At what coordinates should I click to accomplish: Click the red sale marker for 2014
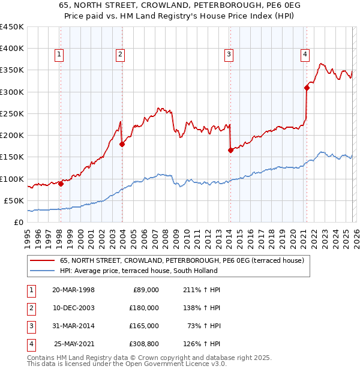(230, 151)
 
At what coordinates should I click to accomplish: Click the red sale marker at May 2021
(307, 88)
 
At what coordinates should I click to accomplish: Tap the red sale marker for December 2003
(122, 144)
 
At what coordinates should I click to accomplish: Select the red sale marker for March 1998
(61, 184)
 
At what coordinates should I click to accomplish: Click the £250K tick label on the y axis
(12, 113)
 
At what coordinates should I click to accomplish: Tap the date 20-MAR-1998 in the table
(73, 290)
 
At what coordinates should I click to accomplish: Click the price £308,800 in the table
(144, 344)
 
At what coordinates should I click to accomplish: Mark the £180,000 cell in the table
(144, 308)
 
